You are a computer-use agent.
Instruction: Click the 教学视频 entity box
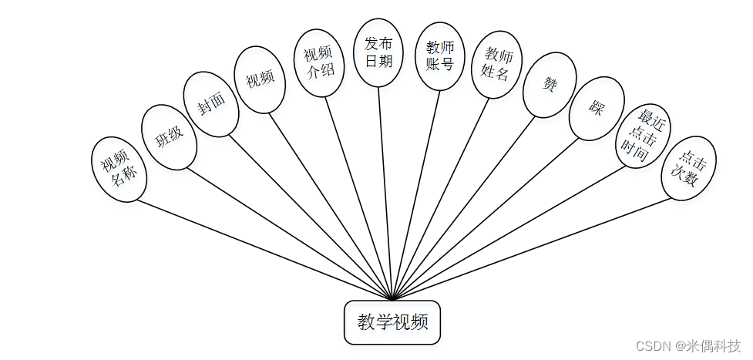(392, 322)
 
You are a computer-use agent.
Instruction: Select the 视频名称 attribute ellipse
(119, 170)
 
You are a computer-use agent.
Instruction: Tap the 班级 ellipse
(170, 137)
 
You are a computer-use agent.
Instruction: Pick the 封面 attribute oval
(211, 104)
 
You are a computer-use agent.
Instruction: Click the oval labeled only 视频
(260, 79)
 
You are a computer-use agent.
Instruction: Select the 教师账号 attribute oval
(439, 56)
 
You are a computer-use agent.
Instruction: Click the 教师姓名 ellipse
(497, 65)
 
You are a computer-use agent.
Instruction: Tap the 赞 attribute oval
(550, 85)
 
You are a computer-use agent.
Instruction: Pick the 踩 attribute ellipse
(597, 109)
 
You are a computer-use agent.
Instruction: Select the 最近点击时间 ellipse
(642, 137)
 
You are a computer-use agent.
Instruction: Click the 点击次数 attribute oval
(688, 168)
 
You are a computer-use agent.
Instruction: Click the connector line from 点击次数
(532, 248)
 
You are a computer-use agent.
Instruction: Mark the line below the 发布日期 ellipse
(385, 193)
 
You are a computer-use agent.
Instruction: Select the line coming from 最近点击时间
(509, 232)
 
